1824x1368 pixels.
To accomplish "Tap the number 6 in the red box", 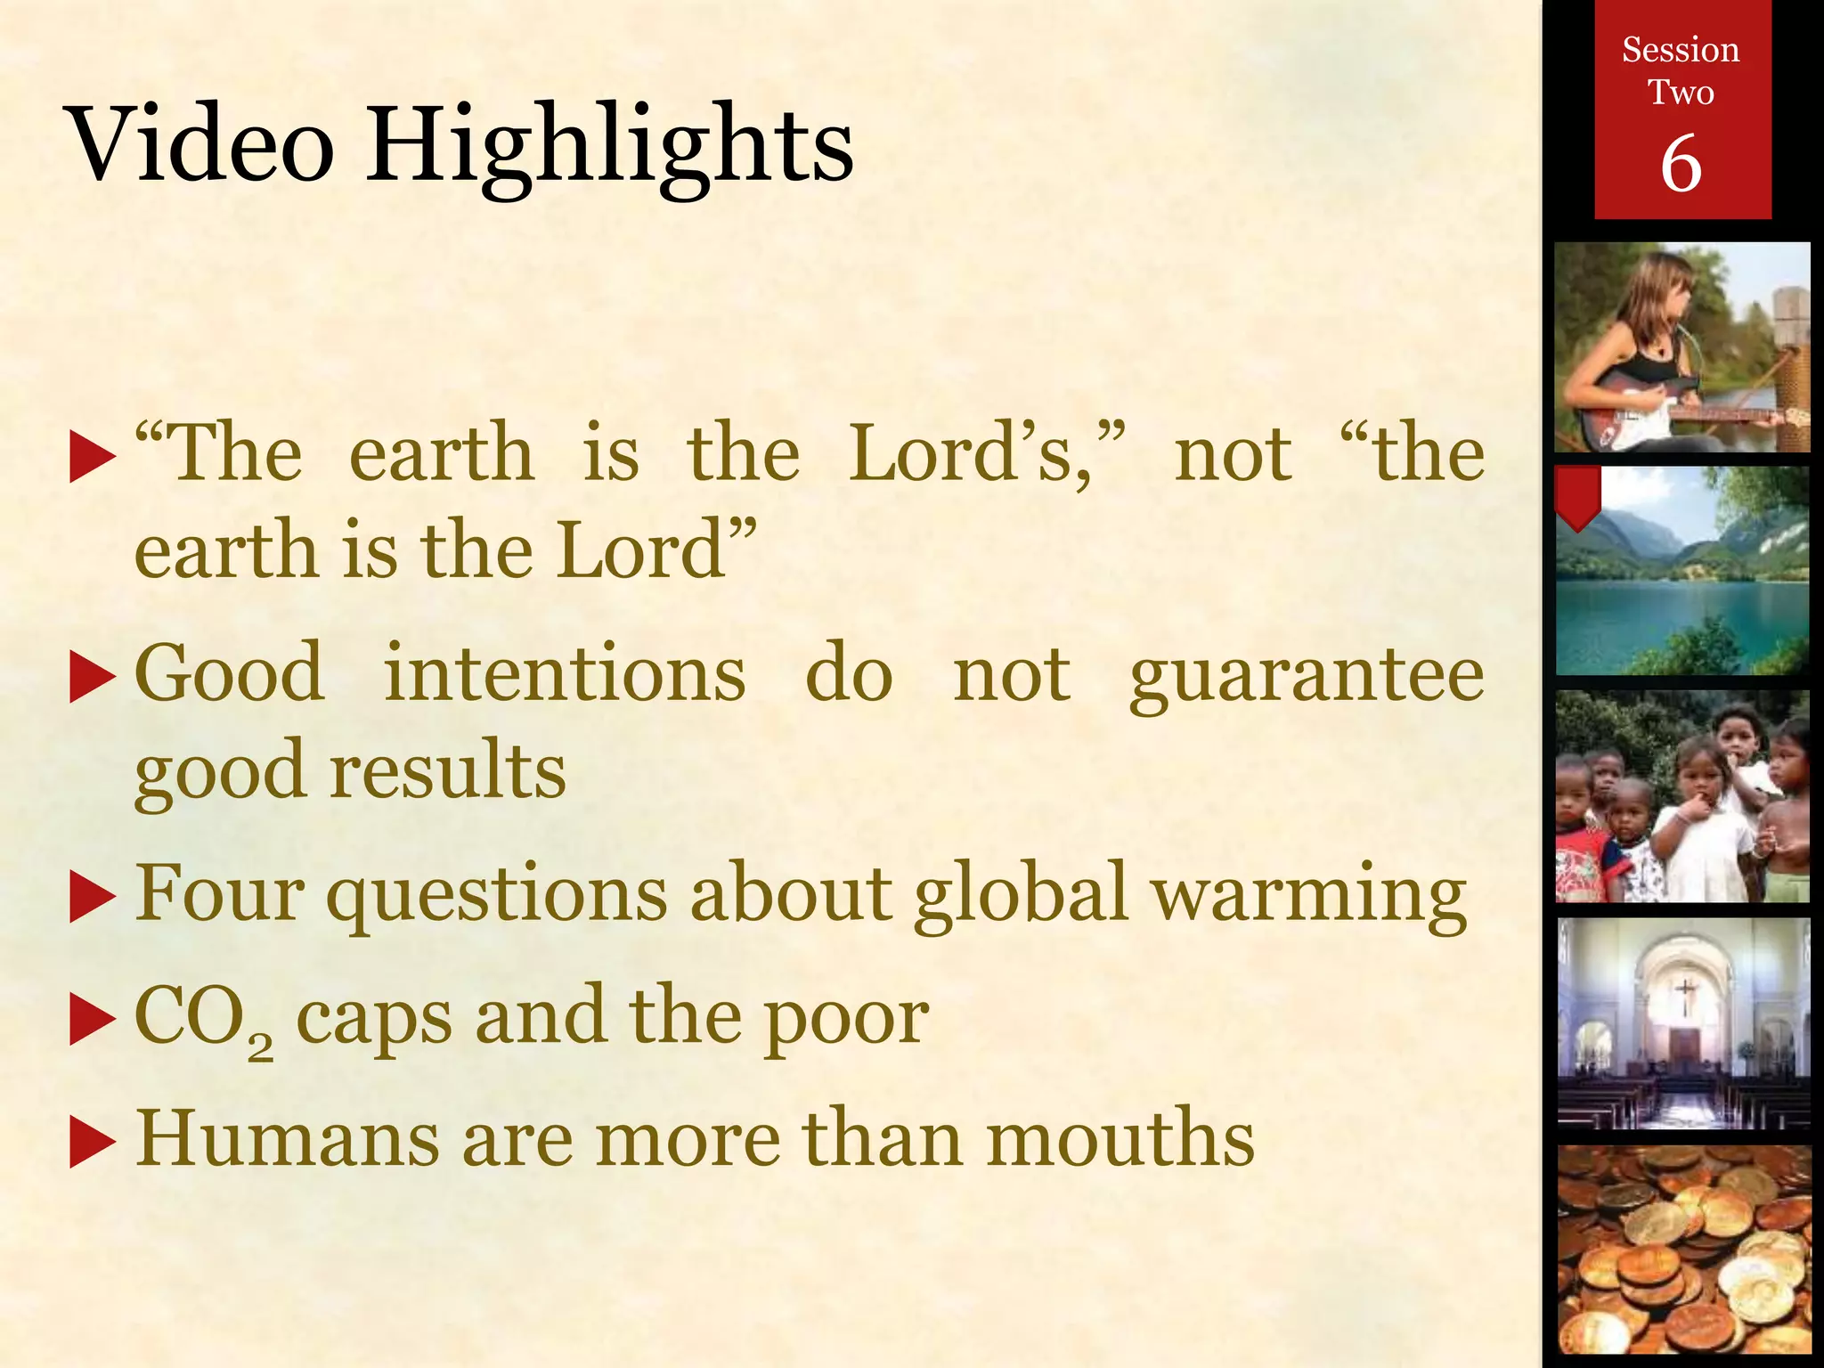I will click(x=1681, y=164).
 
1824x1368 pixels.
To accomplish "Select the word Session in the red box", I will click(x=1681, y=50).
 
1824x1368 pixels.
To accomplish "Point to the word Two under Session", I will click(x=1681, y=93).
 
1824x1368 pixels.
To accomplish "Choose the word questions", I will click(x=496, y=896).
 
